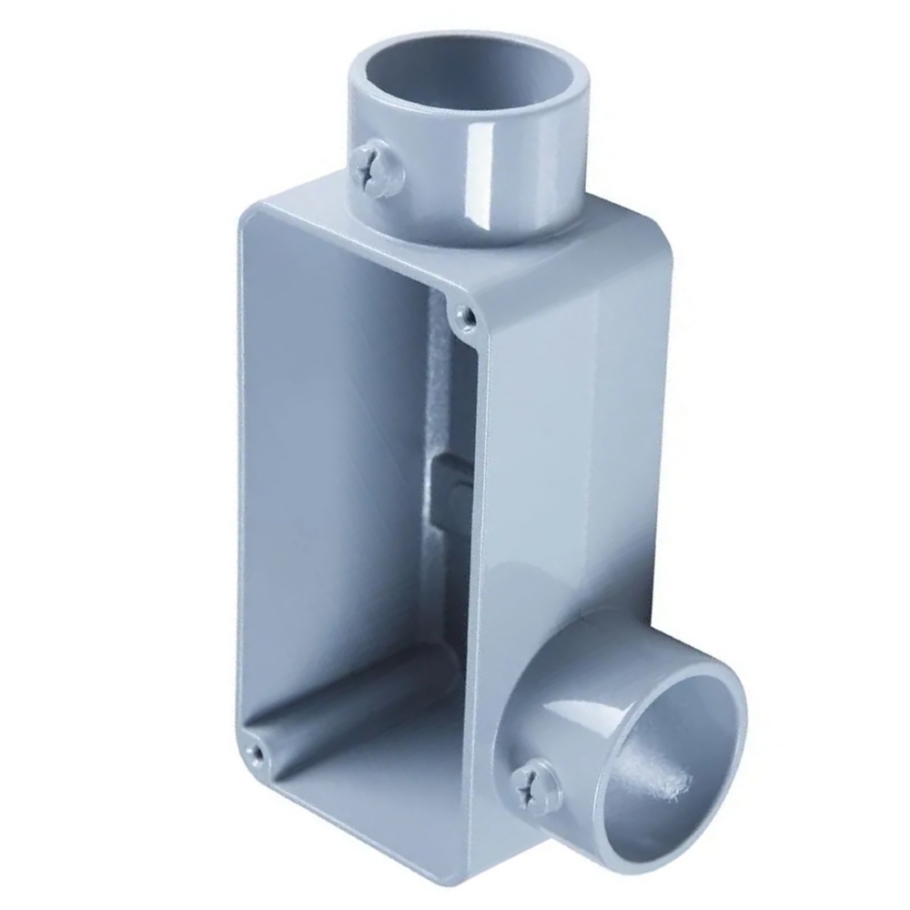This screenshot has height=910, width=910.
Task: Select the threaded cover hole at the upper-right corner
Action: coord(465,314)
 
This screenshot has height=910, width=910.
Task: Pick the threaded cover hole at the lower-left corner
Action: coord(258,752)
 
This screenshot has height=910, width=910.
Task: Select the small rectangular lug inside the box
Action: coord(445,491)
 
